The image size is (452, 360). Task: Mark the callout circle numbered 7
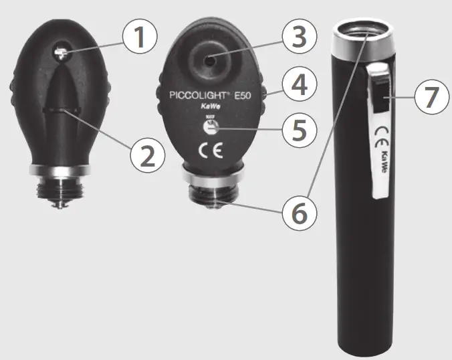[x=430, y=98]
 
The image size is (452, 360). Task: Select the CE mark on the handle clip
[x=379, y=132]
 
